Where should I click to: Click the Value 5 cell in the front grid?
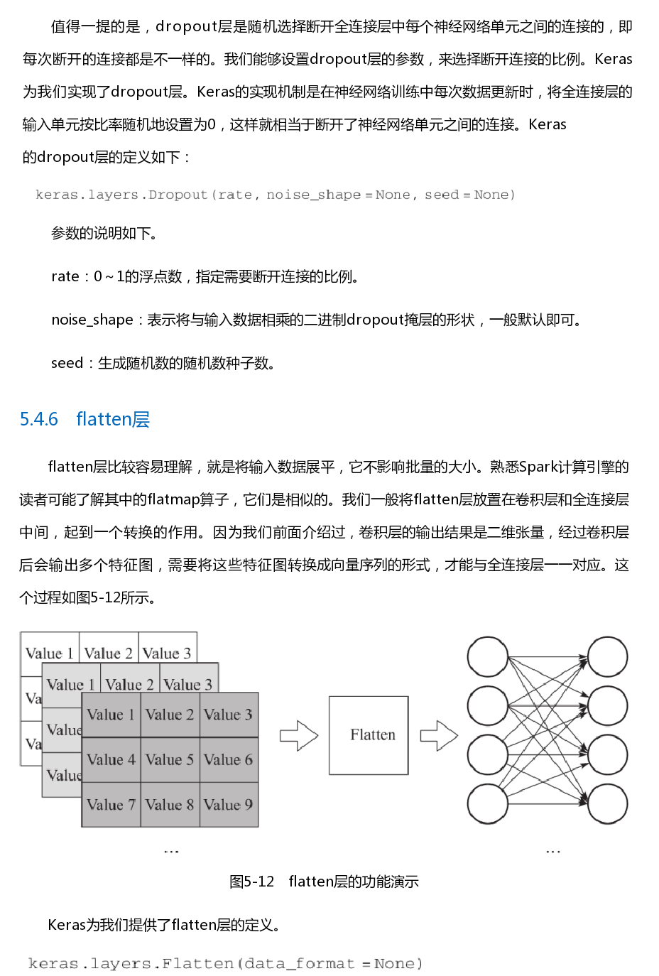[170, 759]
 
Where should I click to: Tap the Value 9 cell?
[229, 804]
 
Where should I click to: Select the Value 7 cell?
[111, 804]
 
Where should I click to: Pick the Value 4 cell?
[111, 759]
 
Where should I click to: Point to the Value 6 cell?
[229, 759]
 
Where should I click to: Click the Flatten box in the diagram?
[369, 734]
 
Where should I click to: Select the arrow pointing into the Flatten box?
[299, 735]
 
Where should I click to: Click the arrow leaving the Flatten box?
[439, 735]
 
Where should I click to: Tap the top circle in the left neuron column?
[488, 656]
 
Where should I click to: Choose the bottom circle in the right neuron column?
[607, 804]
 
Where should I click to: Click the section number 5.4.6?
[39, 419]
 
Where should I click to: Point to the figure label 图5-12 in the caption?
[252, 882]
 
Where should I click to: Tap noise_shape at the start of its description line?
[92, 320]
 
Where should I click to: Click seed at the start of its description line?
[67, 363]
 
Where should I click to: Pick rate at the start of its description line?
[65, 276]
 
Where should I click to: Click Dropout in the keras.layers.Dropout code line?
[178, 195]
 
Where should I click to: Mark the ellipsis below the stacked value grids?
[171, 851]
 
